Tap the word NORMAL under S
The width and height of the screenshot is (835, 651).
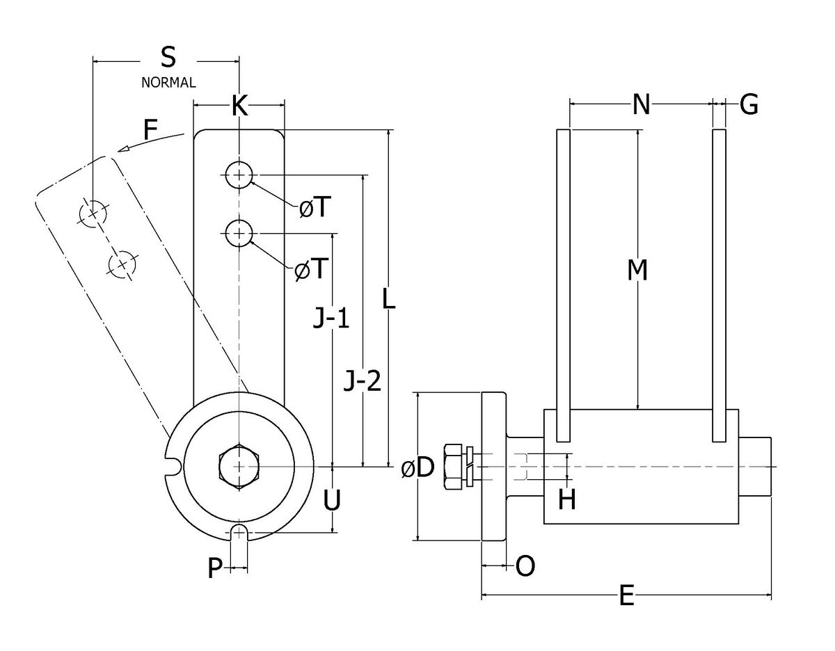click(168, 83)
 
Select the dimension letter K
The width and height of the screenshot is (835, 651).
click(239, 106)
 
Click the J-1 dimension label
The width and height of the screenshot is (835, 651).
click(331, 320)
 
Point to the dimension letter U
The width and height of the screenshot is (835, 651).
click(333, 500)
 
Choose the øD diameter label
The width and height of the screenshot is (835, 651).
click(417, 468)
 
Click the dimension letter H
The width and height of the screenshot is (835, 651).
click(568, 499)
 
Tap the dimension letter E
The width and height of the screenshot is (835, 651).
click(626, 596)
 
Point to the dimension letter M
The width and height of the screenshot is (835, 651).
click(637, 270)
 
